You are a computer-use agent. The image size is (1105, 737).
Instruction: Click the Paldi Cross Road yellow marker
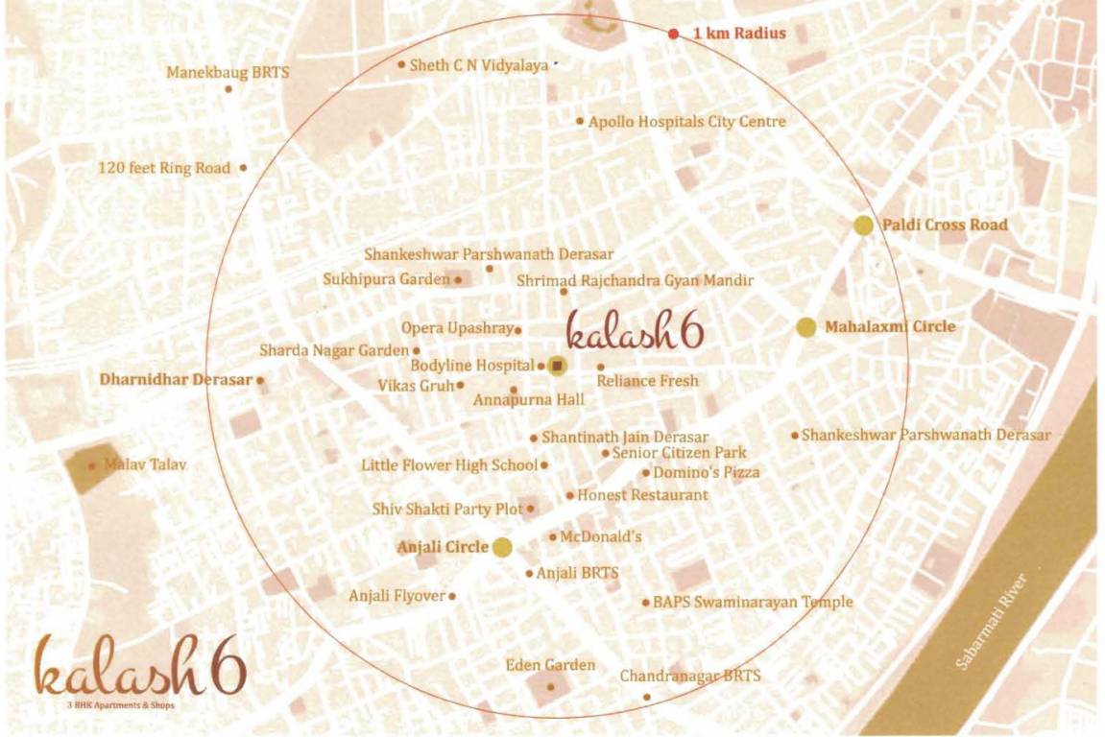pos(863,226)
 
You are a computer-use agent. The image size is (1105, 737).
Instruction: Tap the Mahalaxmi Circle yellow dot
pos(806,327)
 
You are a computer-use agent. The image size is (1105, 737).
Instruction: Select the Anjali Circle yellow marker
pos(501,548)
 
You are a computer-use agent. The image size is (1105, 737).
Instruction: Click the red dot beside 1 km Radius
pos(674,34)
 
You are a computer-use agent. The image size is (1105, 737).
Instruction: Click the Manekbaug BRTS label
pos(228,72)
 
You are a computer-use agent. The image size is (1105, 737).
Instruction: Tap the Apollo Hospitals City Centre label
pos(686,122)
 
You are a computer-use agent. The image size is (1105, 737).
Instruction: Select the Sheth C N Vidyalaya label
pos(478,65)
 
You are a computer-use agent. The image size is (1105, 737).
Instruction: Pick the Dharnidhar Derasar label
pos(176,379)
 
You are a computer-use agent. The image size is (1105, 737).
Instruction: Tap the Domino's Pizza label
pos(706,472)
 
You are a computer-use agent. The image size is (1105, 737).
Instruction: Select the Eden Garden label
pos(550,665)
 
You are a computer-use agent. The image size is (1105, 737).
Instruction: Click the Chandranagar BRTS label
pos(689,677)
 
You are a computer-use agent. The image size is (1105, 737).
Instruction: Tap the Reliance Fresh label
pos(647,381)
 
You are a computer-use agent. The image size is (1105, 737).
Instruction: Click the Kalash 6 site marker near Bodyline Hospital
pos(556,365)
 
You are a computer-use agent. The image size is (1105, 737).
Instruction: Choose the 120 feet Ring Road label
pos(164,168)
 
